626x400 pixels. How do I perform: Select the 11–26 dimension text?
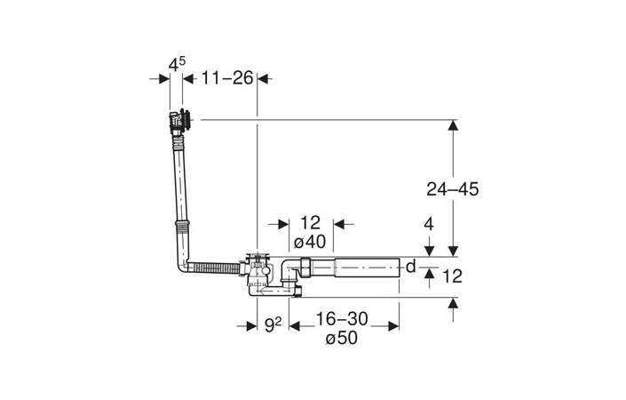point(220,79)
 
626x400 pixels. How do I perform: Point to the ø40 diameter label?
point(310,242)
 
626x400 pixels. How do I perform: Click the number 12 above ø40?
point(310,223)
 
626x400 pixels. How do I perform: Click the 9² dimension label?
point(273,326)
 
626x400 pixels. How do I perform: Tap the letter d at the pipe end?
point(410,266)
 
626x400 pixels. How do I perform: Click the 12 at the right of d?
point(452,276)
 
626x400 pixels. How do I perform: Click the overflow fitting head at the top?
point(180,119)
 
